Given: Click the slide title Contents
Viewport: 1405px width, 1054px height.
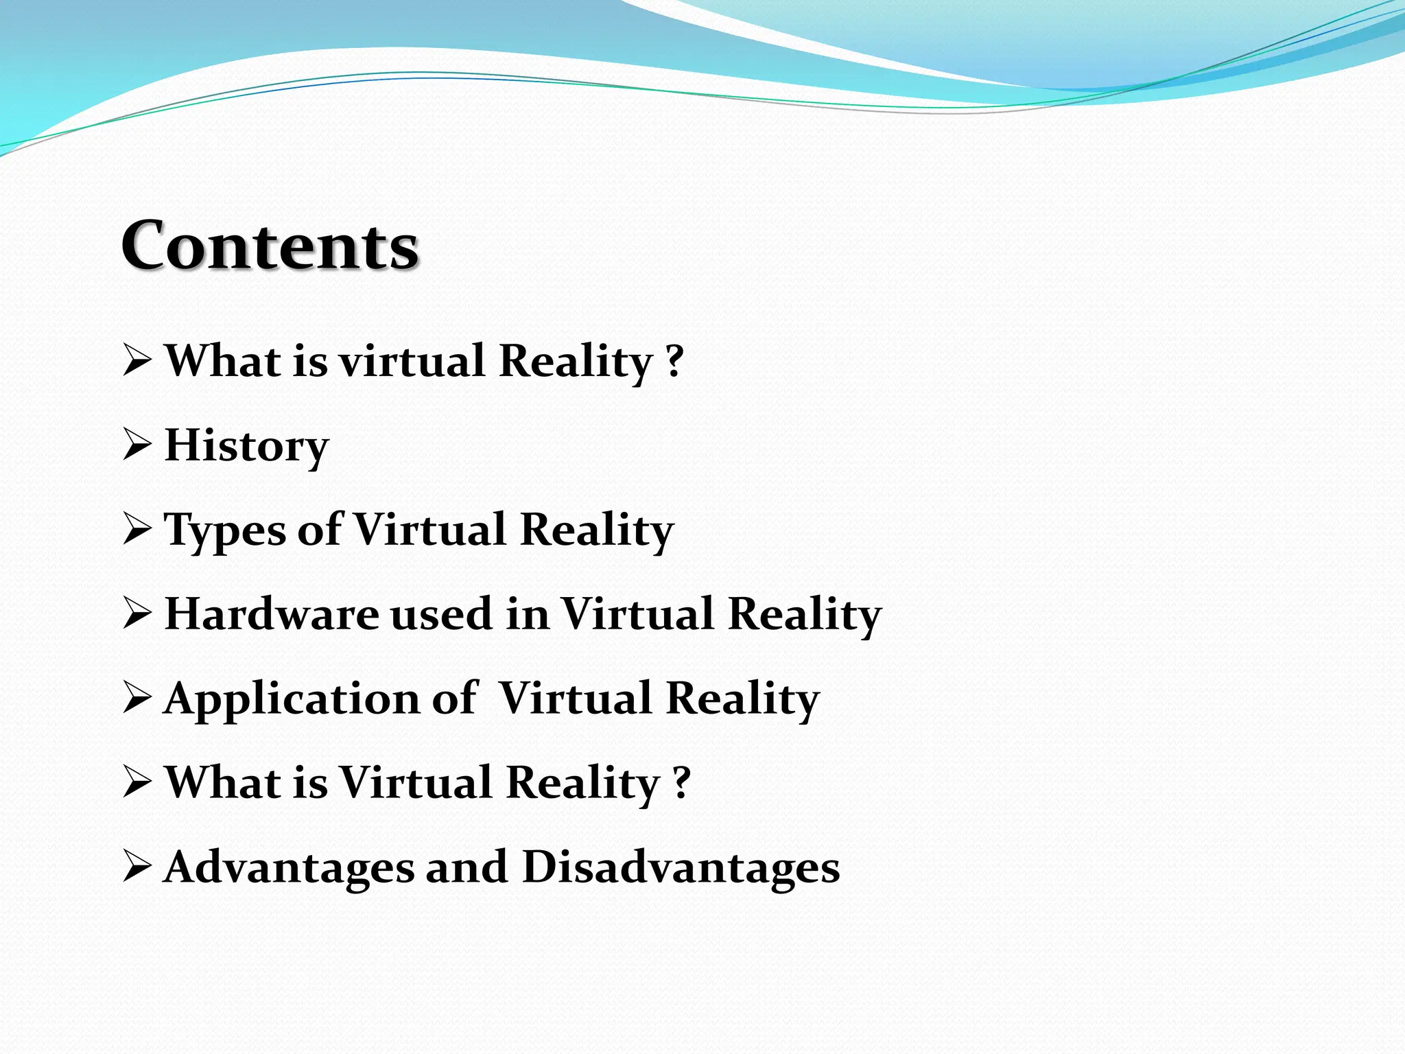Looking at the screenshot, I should pyautogui.click(x=270, y=246).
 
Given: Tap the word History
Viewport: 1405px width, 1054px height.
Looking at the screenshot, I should pyautogui.click(x=247, y=446).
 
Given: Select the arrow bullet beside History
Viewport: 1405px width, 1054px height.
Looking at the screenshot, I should pyautogui.click(x=137, y=446).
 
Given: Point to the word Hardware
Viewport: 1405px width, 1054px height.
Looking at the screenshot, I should pyautogui.click(x=272, y=613).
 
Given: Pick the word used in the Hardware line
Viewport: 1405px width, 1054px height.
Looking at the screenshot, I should pyautogui.click(x=441, y=613).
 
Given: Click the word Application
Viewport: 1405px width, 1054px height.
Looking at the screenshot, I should pyautogui.click(x=292, y=699).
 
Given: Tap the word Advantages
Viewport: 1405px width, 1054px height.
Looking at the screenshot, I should pyautogui.click(x=289, y=867).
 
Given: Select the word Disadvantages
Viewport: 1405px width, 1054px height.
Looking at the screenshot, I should pyautogui.click(x=681, y=867).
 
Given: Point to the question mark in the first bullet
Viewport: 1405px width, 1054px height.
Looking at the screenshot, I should pyautogui.click(x=675, y=361).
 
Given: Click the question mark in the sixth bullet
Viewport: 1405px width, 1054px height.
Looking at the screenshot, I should pyautogui.click(x=681, y=782).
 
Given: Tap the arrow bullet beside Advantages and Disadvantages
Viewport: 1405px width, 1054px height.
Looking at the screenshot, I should pyautogui.click(x=137, y=867).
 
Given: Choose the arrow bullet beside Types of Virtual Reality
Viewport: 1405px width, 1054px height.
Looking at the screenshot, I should pyautogui.click(x=137, y=530).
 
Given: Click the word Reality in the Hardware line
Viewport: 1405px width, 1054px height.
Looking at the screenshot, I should pyautogui.click(x=804, y=613).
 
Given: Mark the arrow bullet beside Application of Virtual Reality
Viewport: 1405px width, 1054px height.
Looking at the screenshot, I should pyautogui.click(x=137, y=699).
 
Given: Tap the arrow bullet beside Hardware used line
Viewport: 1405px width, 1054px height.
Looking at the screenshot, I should pyautogui.click(x=137, y=614).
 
